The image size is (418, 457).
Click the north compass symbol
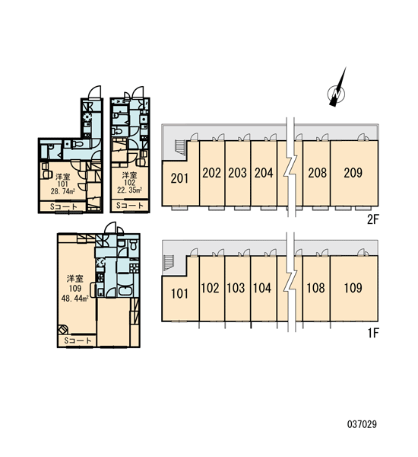[x=337, y=93]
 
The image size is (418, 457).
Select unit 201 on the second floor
[x=179, y=178]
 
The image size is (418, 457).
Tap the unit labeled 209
[x=354, y=173]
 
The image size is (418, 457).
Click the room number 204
[x=264, y=173]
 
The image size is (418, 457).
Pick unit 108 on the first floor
[x=316, y=288]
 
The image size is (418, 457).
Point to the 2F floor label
[x=373, y=219]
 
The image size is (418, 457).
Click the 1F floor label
[x=373, y=333]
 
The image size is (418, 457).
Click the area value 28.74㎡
[x=63, y=191]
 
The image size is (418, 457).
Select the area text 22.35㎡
[x=129, y=190]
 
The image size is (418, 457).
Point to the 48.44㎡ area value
[x=75, y=298]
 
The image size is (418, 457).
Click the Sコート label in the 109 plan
[x=78, y=340]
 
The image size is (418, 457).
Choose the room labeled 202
[x=212, y=173]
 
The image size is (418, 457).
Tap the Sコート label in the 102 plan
[x=130, y=205]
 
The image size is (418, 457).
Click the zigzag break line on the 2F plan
[x=290, y=168]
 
